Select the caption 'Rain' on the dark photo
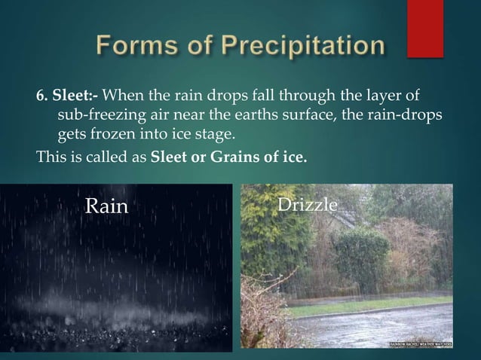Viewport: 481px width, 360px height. [x=106, y=206]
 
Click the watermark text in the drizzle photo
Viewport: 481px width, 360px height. [x=421, y=343]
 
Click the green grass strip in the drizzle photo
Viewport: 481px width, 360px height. [x=377, y=309]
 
